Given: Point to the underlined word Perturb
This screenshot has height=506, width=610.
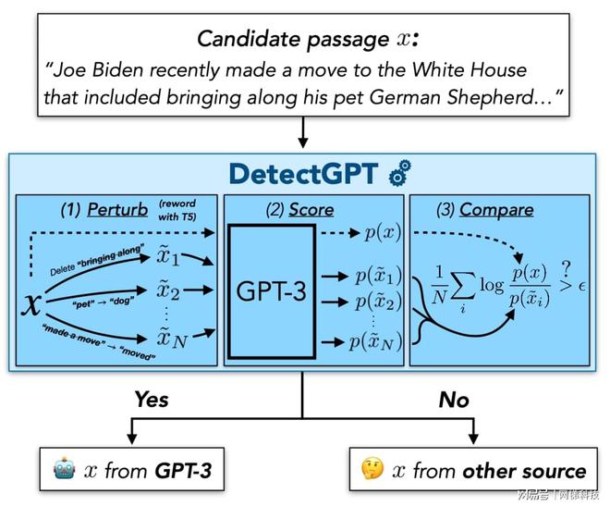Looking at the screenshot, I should click(117, 210).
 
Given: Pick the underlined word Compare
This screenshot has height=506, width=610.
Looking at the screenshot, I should click(496, 210).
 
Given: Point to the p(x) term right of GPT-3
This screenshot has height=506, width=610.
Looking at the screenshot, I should click(382, 232).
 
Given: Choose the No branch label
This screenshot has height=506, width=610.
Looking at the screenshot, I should click(455, 399).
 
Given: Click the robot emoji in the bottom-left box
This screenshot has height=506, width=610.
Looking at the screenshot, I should click(60, 470).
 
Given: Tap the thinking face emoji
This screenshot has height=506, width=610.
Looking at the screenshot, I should click(372, 470).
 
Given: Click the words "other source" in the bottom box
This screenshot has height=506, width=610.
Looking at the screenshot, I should click(524, 471).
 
